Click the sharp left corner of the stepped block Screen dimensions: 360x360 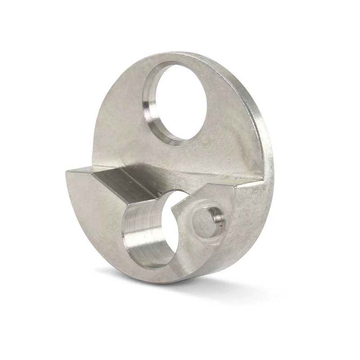(x=67, y=171)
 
